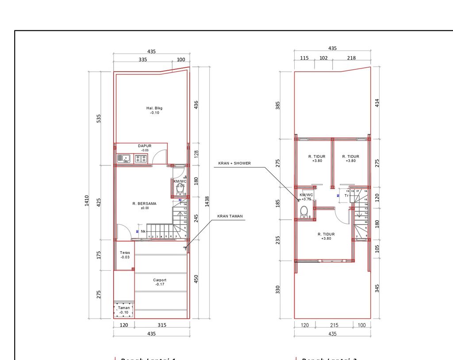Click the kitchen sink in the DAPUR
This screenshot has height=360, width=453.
123,158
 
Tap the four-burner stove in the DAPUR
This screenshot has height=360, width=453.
142,158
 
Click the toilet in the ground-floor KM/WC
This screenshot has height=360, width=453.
180,191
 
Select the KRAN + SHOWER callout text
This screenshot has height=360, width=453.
234,163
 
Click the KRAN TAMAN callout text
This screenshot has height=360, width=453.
230,217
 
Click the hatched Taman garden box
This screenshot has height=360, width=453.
124,310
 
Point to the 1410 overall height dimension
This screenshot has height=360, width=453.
87,201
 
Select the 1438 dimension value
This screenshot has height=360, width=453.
207,201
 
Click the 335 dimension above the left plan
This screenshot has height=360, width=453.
142,59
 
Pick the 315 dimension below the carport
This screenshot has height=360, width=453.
162,325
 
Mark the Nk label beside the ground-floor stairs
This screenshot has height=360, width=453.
143,231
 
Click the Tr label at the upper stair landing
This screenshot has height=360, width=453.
346,195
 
